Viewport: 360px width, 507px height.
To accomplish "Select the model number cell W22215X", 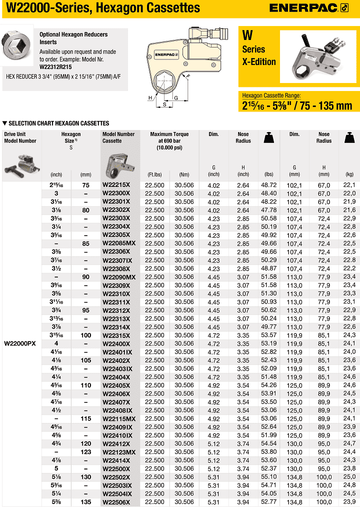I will click(x=116, y=185).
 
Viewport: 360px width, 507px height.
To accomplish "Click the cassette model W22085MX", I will click(x=119, y=243).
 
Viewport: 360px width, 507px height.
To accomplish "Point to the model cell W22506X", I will click(x=116, y=502).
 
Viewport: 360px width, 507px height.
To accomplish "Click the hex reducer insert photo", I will click(x=18, y=47).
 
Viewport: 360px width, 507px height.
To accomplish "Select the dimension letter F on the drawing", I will click(x=188, y=75).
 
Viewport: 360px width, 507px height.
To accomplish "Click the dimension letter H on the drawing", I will click(x=150, y=98).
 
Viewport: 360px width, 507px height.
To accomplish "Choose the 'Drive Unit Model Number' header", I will click(x=20, y=137).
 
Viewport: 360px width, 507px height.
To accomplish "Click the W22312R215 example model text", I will click(x=55, y=66).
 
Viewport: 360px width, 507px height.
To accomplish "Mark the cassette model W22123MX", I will click(x=119, y=452).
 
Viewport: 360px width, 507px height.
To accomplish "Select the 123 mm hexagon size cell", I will click(x=85, y=452).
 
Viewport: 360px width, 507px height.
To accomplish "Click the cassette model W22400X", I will click(x=116, y=343).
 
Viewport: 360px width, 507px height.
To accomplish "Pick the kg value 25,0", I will click(x=349, y=477).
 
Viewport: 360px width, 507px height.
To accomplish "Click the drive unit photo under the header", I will click(x=21, y=162).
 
